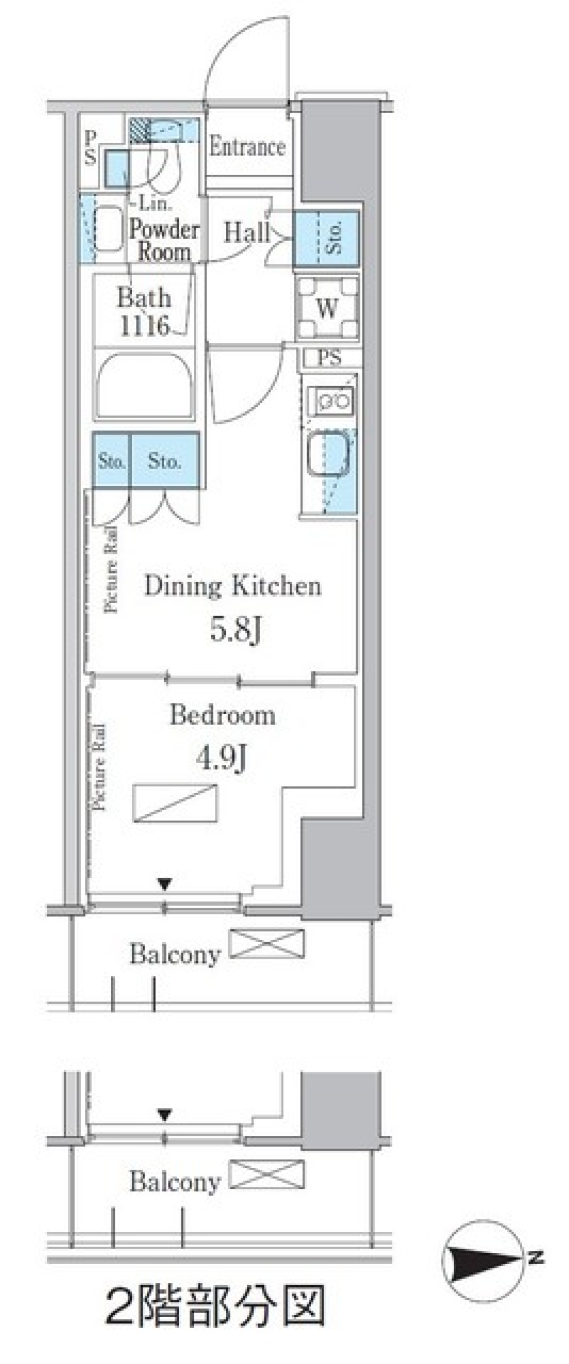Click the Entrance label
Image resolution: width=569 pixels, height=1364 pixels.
tap(247, 146)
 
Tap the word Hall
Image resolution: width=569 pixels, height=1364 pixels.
tap(247, 232)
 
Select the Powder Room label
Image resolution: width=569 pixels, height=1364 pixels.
tap(164, 240)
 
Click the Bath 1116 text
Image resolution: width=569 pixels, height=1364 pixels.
tap(144, 311)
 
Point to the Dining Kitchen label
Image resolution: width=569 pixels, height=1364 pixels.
tap(233, 586)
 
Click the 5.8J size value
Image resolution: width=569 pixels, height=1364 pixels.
tap(235, 630)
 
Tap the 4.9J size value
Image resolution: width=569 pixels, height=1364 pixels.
tap(221, 757)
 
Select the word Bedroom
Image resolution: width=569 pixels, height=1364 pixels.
tap(222, 715)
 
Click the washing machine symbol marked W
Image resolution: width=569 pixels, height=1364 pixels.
tap(327, 308)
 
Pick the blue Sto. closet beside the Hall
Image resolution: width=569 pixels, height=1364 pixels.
tap(327, 239)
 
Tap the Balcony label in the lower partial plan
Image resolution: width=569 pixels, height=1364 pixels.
tap(175, 1182)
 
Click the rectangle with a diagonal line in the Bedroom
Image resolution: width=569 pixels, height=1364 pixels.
tap(175, 803)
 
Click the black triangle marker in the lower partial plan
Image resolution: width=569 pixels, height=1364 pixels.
tap(164, 1115)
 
